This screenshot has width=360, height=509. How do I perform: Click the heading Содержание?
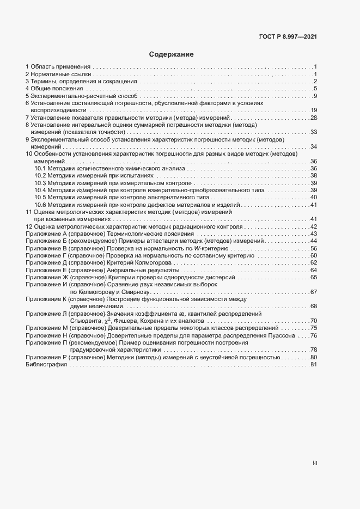click(x=172, y=54)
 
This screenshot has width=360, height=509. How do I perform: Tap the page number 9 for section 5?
click(x=315, y=96)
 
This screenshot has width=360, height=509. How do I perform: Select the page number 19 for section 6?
click(x=314, y=110)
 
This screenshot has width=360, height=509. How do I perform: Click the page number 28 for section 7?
click(x=314, y=118)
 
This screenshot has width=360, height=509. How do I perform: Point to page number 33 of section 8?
click(x=314, y=132)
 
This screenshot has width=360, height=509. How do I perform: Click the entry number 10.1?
click(x=40, y=169)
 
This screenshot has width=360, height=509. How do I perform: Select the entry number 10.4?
click(x=40, y=190)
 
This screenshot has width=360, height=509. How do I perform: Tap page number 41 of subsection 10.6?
click(x=314, y=205)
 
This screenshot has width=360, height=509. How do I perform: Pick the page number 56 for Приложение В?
click(x=314, y=248)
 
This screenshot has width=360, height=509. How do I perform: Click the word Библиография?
click(x=46, y=365)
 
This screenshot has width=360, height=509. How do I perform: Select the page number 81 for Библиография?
click(x=314, y=365)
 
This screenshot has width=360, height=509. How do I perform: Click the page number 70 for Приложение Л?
click(x=314, y=321)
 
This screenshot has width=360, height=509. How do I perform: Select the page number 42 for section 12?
click(x=314, y=226)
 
